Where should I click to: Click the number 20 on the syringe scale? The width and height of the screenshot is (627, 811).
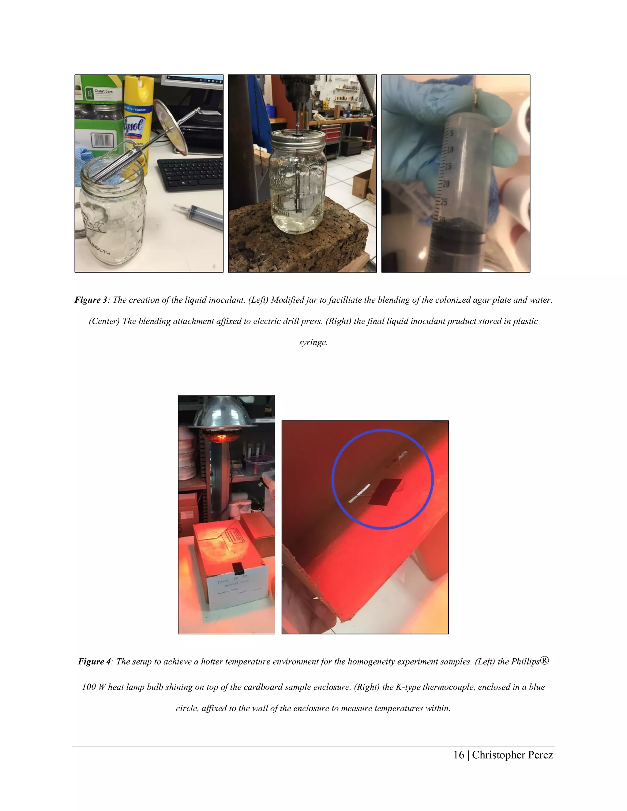point(446,184)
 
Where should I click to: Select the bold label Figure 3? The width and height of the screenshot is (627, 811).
point(91,300)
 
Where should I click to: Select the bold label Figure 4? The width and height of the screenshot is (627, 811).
point(94,661)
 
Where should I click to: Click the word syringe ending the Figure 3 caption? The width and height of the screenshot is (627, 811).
point(313,342)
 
